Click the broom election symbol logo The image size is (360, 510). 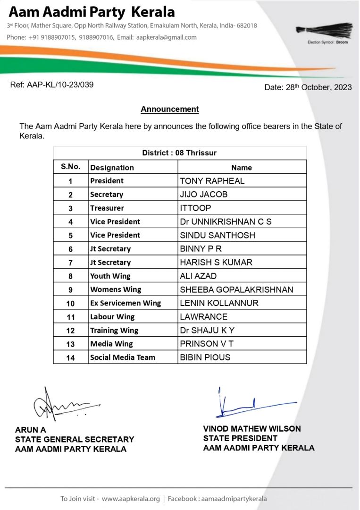point(324,29)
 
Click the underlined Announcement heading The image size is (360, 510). point(170,109)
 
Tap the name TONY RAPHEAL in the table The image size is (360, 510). point(212,181)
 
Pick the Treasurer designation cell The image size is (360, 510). point(107,208)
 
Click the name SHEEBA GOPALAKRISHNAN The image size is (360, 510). point(236,289)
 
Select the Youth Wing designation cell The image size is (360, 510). point(110,276)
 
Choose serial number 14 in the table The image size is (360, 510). point(70,357)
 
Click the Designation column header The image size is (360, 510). point(112,168)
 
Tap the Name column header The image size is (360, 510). point(242,168)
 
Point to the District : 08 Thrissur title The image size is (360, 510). point(179,153)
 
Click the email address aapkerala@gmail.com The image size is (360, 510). point(166,37)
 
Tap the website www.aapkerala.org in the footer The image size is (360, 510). point(131,499)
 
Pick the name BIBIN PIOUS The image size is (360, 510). point(205,357)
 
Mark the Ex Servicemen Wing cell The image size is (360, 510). point(126,303)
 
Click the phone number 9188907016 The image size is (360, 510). point(96,37)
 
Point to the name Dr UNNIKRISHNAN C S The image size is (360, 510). point(226,221)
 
